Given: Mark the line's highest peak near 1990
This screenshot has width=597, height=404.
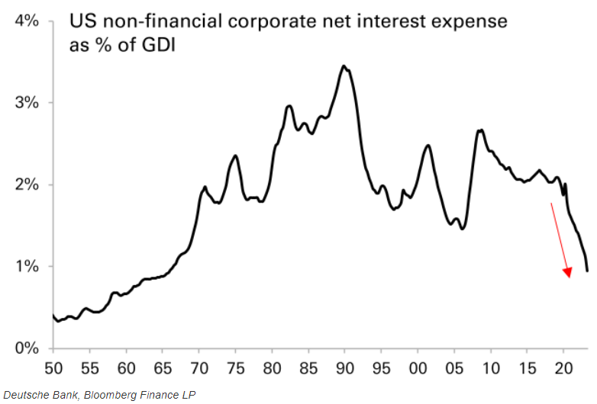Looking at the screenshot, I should click(x=344, y=66).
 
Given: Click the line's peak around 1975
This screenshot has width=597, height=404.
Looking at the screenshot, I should click(x=235, y=156).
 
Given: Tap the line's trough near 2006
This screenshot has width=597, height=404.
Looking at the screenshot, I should click(x=463, y=229).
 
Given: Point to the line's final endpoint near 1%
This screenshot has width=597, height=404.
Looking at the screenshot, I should click(x=587, y=270).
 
